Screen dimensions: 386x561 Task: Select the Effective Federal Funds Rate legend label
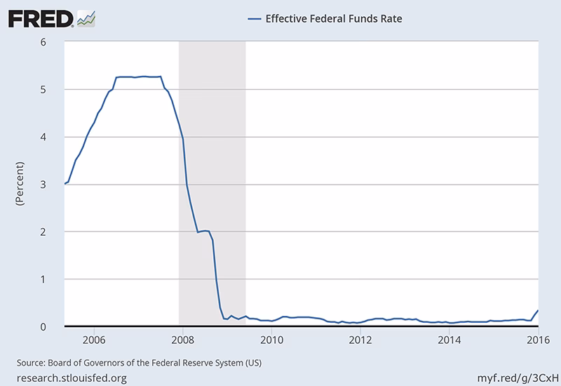pyautogui.click(x=333, y=19)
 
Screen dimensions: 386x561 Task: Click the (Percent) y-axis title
pyautogui.click(x=20, y=184)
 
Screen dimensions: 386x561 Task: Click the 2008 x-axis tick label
pyautogui.click(x=182, y=341)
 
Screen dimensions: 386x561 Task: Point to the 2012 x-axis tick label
pyautogui.click(x=360, y=341)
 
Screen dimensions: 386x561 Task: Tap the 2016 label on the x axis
pyautogui.click(x=536, y=341)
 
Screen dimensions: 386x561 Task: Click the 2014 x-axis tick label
pyautogui.click(x=449, y=341)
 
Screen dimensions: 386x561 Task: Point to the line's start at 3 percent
pyautogui.click(x=65, y=184)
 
